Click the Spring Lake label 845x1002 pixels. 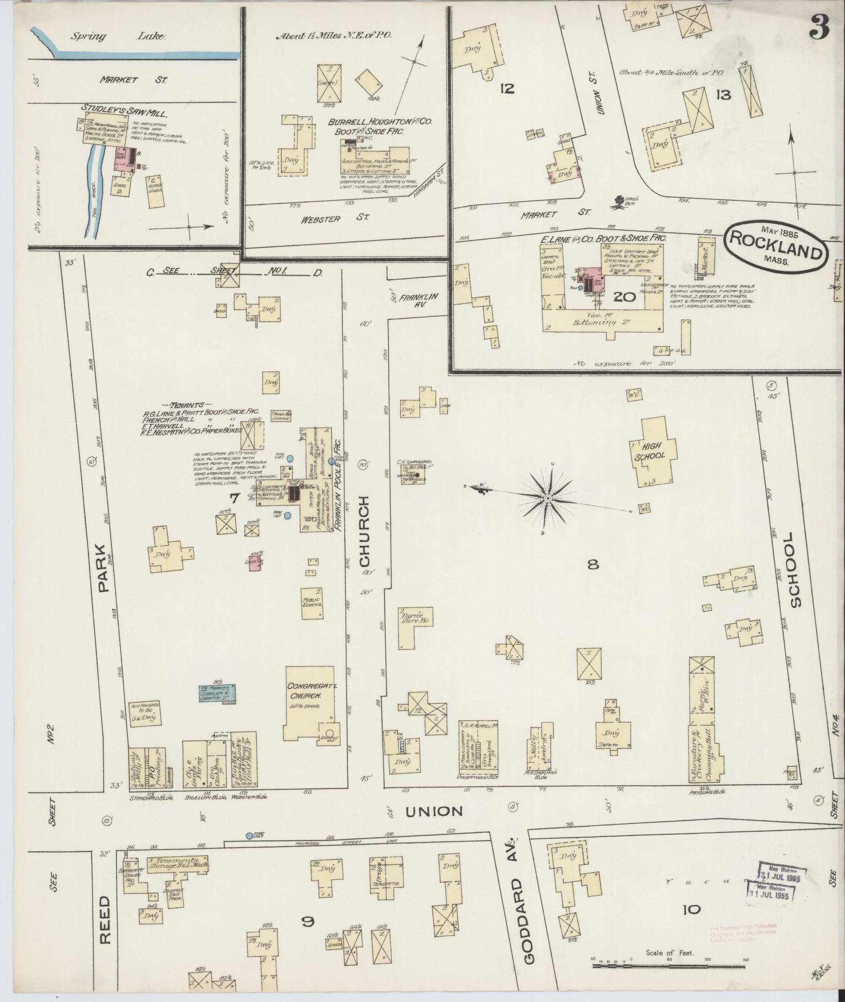coord(119,37)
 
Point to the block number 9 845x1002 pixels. coord(308,920)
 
